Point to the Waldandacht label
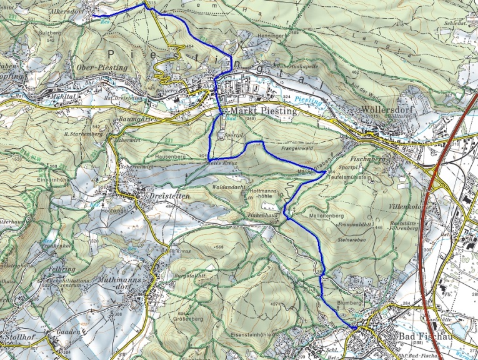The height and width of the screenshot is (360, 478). [x=232, y=186]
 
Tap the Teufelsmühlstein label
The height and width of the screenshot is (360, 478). [x=342, y=177]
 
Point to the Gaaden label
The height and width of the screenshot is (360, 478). [x=69, y=332]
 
